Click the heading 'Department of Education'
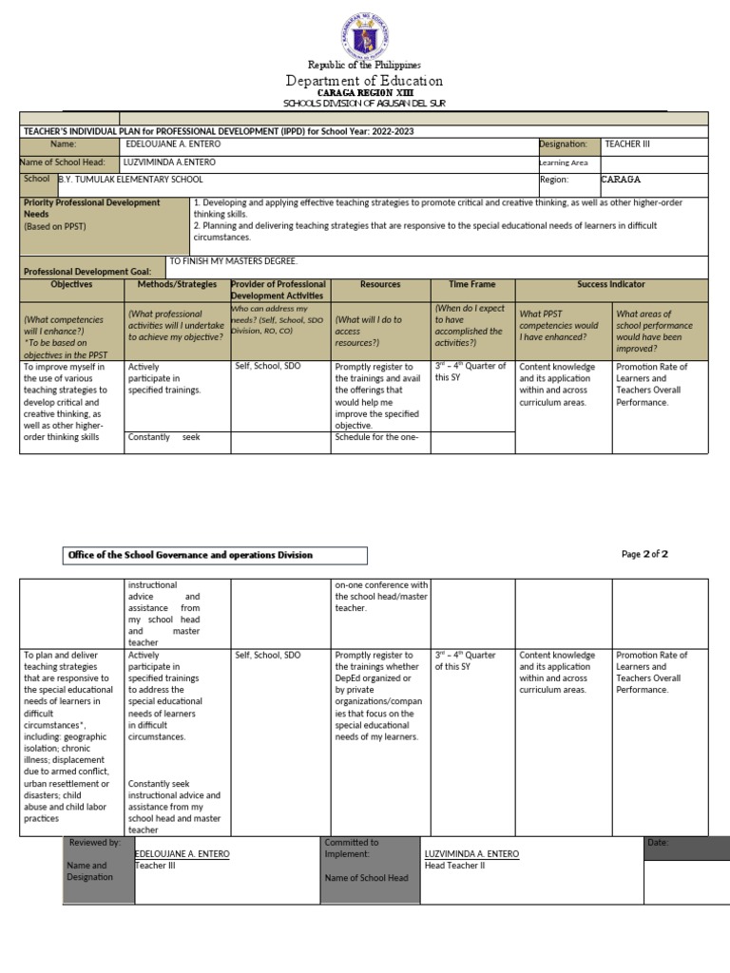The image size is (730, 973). (x=365, y=81)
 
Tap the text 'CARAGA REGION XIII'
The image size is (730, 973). (x=365, y=93)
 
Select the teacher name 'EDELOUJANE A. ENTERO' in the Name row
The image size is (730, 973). (x=172, y=144)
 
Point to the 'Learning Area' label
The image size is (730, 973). (x=564, y=162)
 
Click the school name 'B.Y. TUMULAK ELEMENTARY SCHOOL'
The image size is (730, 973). (x=130, y=179)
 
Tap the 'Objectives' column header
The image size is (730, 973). (x=71, y=284)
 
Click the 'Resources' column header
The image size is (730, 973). (x=380, y=284)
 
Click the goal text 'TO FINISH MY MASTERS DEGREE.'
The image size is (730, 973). (x=233, y=260)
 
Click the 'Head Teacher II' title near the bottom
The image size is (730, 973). (x=454, y=867)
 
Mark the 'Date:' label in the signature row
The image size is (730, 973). (x=658, y=843)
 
